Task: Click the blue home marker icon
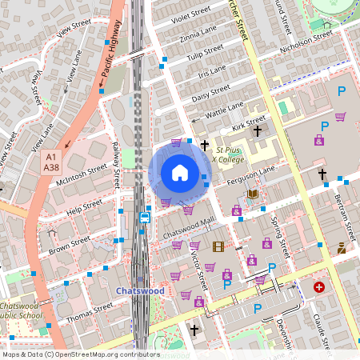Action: click(x=180, y=172)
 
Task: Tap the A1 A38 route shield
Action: click(x=52, y=162)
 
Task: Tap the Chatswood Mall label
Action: click(x=189, y=228)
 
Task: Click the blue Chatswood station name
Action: click(x=140, y=291)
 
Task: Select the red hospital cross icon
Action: click(x=320, y=286)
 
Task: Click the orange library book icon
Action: click(x=254, y=194)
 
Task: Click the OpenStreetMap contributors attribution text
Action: click(x=80, y=354)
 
